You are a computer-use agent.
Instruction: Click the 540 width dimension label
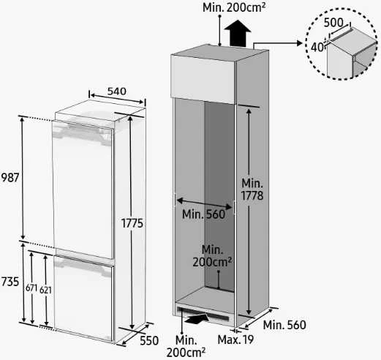(117, 91)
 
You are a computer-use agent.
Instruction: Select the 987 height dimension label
(10, 178)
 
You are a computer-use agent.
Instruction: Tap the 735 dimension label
(10, 282)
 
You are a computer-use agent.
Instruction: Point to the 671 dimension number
(31, 288)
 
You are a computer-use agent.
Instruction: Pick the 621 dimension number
(45, 290)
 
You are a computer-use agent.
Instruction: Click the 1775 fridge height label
(132, 223)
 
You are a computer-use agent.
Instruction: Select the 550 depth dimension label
(149, 340)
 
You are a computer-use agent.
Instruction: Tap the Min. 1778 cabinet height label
(252, 190)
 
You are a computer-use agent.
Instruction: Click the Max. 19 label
(235, 340)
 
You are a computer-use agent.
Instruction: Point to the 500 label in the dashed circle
(333, 23)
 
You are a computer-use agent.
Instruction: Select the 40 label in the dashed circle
(317, 48)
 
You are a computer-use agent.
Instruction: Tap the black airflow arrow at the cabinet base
(197, 318)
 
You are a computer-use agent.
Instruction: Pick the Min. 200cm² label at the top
(234, 7)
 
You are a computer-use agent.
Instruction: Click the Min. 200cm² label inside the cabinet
(212, 256)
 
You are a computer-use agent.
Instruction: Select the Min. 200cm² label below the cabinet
(186, 346)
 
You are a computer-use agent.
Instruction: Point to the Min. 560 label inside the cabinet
(203, 214)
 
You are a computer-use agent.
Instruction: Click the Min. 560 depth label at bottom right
(284, 325)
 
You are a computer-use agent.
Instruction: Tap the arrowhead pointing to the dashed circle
(300, 43)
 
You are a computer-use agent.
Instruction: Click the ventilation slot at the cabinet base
(203, 314)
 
